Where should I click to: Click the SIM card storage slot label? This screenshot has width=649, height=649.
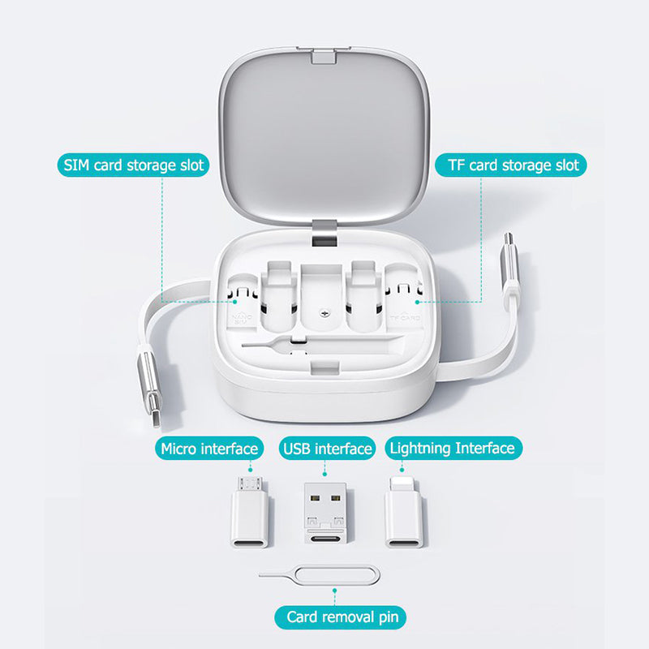135,166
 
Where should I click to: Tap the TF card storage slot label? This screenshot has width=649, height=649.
514,166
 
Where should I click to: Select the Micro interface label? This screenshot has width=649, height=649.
209,448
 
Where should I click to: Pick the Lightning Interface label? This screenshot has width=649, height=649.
451,448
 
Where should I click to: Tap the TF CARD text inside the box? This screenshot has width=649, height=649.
405,319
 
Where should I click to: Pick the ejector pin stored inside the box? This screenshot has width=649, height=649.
276,344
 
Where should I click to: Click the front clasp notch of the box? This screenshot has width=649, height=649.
324,370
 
